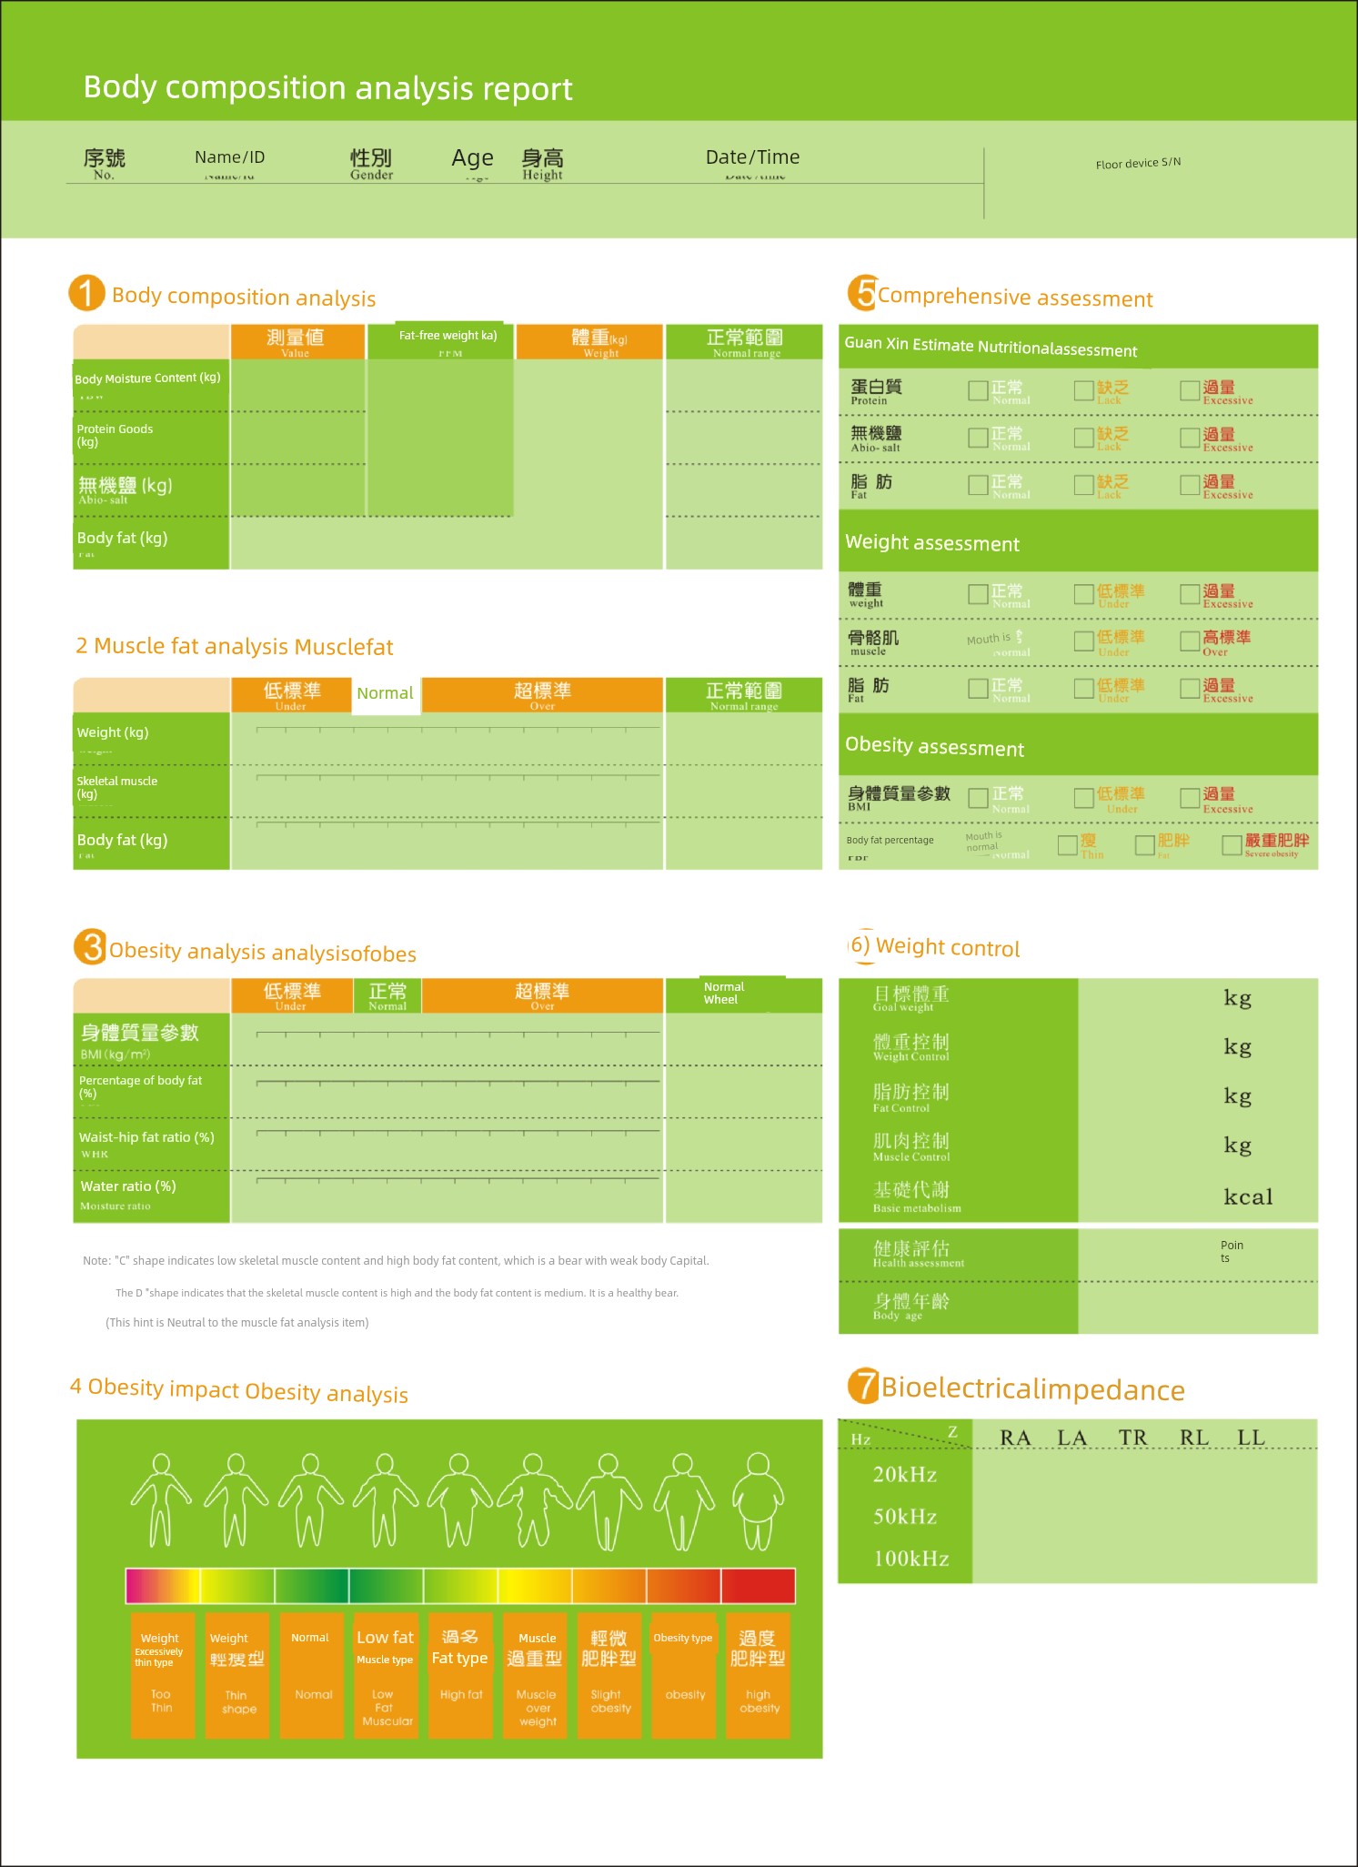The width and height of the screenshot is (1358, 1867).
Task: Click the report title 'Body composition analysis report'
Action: (x=327, y=88)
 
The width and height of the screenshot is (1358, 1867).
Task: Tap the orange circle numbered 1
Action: (x=86, y=293)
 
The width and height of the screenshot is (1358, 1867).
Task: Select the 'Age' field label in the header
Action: (x=472, y=158)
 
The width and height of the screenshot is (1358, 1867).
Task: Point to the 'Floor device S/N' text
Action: (x=1138, y=163)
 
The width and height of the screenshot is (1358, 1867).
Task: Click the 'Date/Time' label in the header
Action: (x=752, y=157)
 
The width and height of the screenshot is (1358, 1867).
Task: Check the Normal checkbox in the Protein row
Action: (x=978, y=390)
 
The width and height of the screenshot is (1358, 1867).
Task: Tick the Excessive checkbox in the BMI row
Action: (x=1189, y=798)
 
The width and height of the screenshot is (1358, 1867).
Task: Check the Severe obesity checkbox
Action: (x=1232, y=845)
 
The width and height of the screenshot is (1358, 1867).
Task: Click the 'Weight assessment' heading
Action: (x=932, y=543)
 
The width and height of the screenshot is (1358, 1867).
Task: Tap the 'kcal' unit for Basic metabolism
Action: (x=1247, y=1196)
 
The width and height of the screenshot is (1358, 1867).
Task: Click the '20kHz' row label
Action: (x=904, y=1475)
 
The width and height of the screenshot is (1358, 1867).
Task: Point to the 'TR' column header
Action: (x=1132, y=1438)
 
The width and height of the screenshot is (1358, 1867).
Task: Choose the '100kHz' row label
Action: (x=910, y=1559)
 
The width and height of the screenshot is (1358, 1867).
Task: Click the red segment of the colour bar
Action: (x=758, y=1586)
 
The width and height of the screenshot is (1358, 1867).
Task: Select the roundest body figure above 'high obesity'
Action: (x=758, y=1501)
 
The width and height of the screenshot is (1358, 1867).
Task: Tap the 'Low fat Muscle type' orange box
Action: (x=386, y=1675)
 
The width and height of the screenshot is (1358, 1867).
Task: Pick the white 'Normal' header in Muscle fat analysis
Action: (x=386, y=694)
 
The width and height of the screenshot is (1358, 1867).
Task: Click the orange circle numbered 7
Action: (x=862, y=1387)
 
